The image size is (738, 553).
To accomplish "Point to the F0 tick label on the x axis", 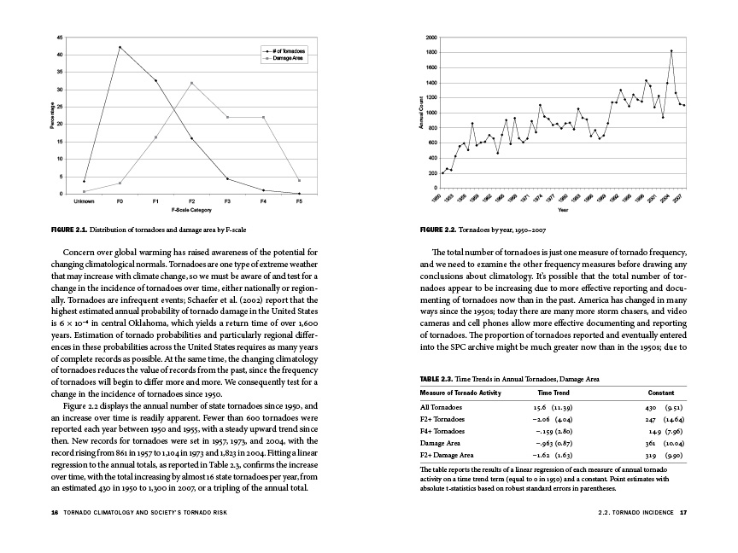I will pos(120,201).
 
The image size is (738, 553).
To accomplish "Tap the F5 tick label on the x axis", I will pos(299,201).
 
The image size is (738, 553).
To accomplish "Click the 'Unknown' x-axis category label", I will pos(84,201).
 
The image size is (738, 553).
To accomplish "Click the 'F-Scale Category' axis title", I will pos(191,209).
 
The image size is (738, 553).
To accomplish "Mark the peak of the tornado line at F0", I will pos(120,47).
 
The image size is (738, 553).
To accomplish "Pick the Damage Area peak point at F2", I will pos(191,83).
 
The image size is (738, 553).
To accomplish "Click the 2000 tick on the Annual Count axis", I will pos(432,38).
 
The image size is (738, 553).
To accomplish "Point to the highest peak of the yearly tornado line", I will pos(671,51).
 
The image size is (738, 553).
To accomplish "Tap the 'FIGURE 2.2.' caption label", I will pos(438,230).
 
